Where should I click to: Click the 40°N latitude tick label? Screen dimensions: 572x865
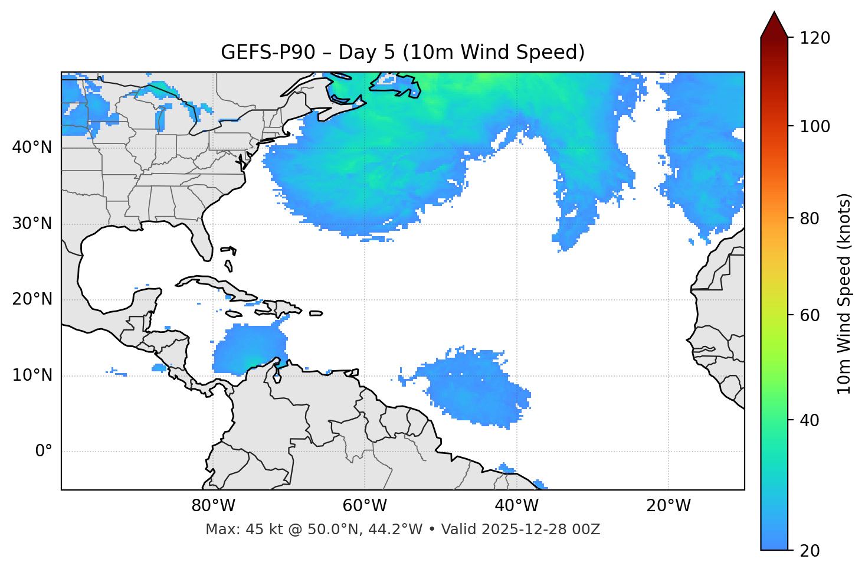tap(32, 148)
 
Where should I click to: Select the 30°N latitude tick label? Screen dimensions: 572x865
tap(32, 224)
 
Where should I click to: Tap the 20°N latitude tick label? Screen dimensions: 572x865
tap(32, 299)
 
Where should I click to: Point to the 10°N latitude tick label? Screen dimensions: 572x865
tap(32, 375)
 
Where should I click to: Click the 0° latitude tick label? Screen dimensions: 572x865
tap(44, 452)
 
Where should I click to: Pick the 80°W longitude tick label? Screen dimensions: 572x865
tap(213, 506)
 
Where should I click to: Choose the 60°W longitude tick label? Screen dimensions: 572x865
tap(365, 506)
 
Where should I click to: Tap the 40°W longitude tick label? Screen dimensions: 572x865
tap(516, 506)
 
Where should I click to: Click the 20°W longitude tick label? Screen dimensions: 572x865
tap(668, 506)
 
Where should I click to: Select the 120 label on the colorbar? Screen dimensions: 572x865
tap(815, 38)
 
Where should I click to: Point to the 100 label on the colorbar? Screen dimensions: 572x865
tap(815, 126)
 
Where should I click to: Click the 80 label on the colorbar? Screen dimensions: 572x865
tap(810, 218)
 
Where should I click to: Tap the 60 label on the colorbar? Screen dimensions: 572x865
tap(810, 315)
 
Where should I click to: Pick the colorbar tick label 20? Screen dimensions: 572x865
tap(810, 551)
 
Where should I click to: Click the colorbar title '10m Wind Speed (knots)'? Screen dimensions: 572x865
tap(844, 293)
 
